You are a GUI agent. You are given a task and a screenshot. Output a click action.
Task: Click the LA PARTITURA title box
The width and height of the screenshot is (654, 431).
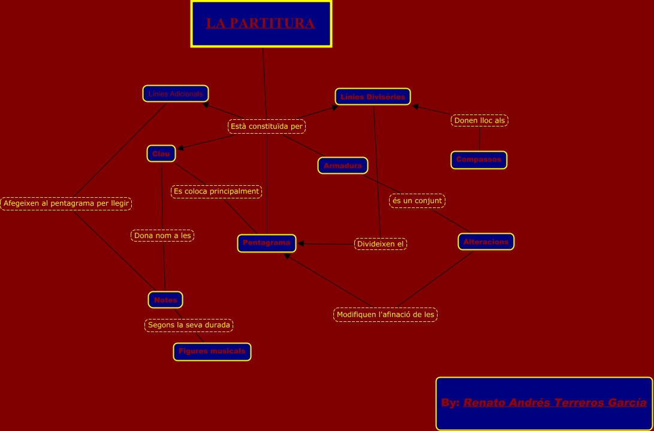click(261, 24)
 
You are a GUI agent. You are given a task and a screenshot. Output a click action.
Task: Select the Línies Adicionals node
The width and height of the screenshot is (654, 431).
click(176, 94)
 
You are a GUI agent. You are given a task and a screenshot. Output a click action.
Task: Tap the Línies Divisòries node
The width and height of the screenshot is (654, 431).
click(372, 97)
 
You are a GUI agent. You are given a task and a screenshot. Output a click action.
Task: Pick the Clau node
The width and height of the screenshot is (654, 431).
click(161, 153)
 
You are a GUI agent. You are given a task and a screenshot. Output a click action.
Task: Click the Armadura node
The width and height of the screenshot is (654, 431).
click(343, 165)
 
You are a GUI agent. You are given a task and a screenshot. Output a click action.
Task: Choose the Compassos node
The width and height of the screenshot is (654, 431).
click(479, 159)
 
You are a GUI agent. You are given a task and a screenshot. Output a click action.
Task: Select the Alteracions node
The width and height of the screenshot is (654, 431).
click(486, 242)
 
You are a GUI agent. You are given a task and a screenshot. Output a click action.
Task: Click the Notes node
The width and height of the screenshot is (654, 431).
click(165, 300)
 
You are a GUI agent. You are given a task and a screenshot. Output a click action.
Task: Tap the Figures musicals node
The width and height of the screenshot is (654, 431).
click(212, 351)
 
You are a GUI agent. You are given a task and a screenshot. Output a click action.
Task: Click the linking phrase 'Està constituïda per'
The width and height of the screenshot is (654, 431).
click(267, 126)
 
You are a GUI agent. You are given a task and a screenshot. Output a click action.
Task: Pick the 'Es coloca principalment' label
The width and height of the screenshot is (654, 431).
click(216, 192)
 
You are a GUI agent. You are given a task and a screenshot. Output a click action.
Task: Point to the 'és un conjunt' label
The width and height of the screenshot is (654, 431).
click(417, 201)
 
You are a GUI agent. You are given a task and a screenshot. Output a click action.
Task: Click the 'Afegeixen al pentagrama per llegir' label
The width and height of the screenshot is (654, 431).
click(66, 204)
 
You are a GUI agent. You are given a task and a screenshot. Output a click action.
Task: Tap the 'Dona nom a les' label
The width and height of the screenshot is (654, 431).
click(162, 236)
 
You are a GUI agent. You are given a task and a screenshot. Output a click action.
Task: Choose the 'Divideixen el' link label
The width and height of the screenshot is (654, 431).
click(381, 244)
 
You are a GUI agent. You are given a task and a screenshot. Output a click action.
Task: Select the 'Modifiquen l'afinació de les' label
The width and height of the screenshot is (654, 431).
click(385, 315)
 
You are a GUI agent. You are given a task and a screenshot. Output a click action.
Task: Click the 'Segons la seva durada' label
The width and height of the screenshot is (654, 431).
click(189, 325)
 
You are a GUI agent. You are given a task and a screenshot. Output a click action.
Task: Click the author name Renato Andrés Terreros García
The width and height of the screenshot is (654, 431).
click(554, 402)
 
